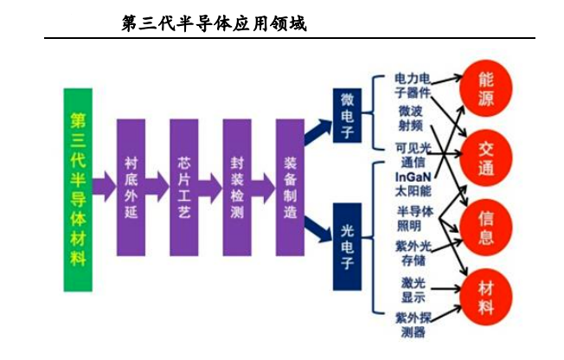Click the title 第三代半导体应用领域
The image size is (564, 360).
click(x=215, y=23)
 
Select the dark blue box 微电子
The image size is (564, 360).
click(x=347, y=117)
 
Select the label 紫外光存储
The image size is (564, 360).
click(x=413, y=254)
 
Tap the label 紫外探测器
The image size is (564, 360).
click(x=412, y=323)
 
